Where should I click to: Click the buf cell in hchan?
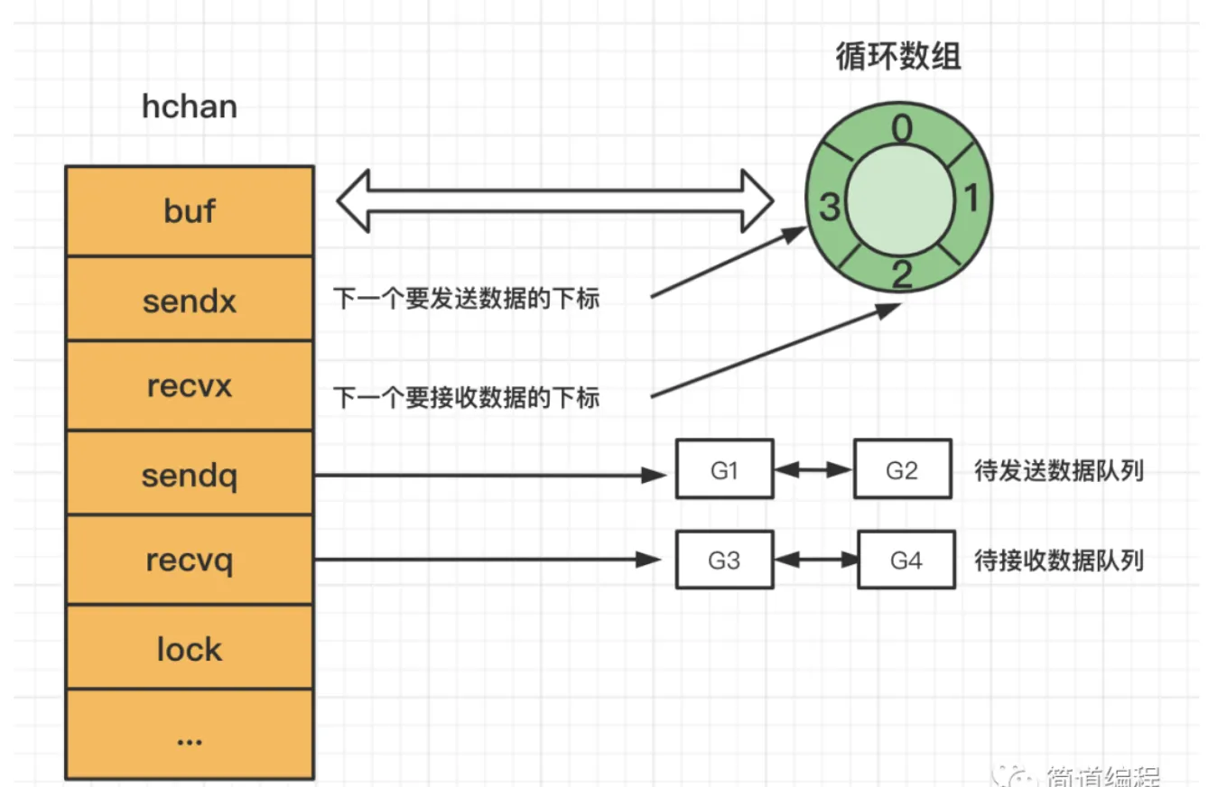tap(190, 211)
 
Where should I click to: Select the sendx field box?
tap(190, 300)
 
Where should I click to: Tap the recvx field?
tap(190, 386)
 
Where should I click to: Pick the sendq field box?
tap(190, 474)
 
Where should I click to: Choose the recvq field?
tap(190, 560)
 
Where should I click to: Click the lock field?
tap(190, 648)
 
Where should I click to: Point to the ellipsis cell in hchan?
tap(190, 736)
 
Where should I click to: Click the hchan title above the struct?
tap(190, 106)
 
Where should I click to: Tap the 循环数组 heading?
tap(898, 56)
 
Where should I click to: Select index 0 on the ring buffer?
tap(901, 132)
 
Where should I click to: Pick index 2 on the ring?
tap(901, 273)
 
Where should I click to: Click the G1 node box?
tap(725, 469)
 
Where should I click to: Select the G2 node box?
tap(902, 469)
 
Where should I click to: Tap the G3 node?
tap(725, 560)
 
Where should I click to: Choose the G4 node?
tap(906, 560)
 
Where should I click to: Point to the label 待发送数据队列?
tap(1058, 471)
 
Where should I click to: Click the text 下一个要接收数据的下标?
tap(467, 397)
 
